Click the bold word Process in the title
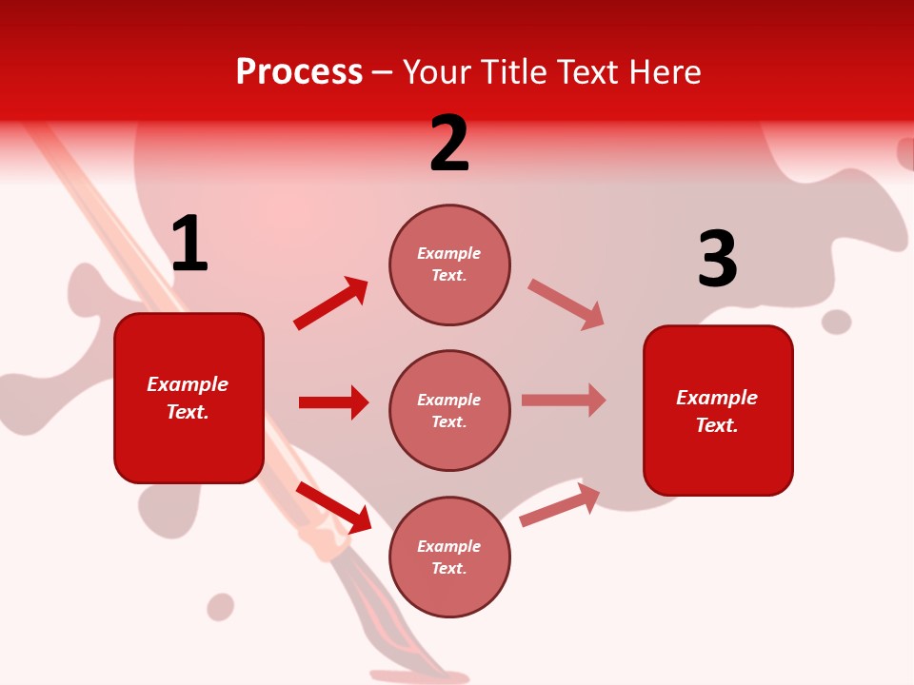click(x=299, y=71)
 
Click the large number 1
click(x=189, y=244)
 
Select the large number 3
click(x=717, y=259)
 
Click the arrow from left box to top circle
click(x=331, y=303)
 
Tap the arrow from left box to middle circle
click(x=333, y=402)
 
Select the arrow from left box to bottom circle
click(x=333, y=507)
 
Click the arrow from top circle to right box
click(x=566, y=304)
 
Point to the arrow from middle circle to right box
click(x=564, y=400)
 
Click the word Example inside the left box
click(x=188, y=384)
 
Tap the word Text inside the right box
click(x=715, y=425)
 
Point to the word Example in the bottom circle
click(x=448, y=546)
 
